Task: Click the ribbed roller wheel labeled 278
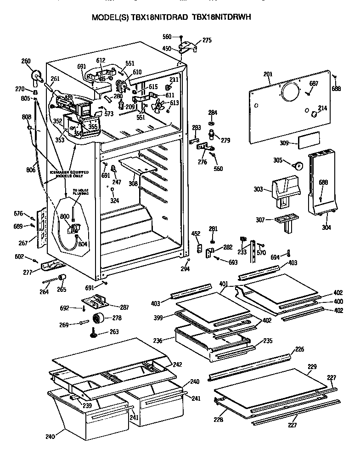[98, 318]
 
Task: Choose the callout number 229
[312, 367]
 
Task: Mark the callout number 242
[177, 364]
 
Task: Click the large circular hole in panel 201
[290, 93]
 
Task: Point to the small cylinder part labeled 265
[61, 277]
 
